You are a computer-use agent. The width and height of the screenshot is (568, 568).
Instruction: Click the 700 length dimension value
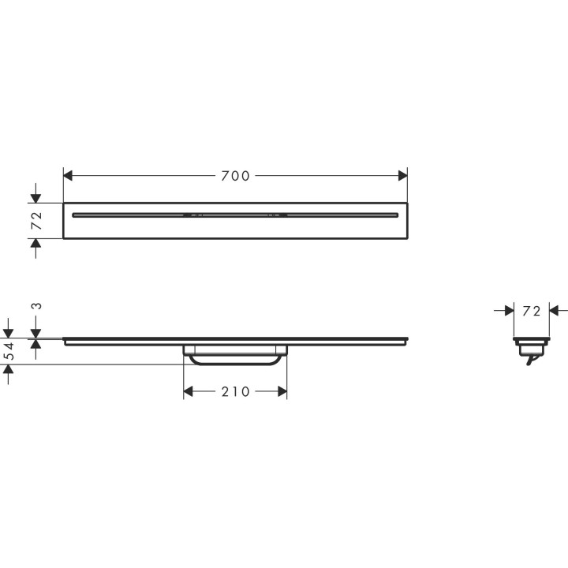click(x=235, y=175)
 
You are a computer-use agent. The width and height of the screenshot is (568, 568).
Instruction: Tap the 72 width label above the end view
click(x=532, y=311)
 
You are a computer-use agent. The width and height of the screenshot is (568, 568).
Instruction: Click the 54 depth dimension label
click(x=9, y=352)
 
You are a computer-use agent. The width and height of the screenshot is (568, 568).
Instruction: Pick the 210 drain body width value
click(x=235, y=391)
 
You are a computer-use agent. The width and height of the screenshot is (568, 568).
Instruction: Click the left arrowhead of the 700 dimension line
click(x=68, y=175)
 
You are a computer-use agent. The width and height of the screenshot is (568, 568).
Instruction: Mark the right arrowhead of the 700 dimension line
click(x=402, y=175)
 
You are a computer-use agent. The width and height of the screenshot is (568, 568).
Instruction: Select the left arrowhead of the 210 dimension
click(x=189, y=391)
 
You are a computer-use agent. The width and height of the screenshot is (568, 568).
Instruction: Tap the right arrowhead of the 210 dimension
click(x=282, y=391)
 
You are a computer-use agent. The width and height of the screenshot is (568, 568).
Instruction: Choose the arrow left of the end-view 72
click(x=509, y=311)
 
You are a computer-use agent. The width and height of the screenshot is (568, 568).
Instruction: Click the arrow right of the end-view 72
click(x=554, y=311)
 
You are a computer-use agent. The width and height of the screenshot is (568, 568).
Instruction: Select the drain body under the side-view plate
click(x=235, y=355)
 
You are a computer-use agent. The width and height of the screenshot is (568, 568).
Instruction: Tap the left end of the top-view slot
click(x=74, y=214)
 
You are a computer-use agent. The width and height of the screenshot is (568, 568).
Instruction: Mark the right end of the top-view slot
click(x=396, y=214)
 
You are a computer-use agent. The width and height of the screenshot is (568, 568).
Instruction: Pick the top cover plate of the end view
click(x=532, y=339)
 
